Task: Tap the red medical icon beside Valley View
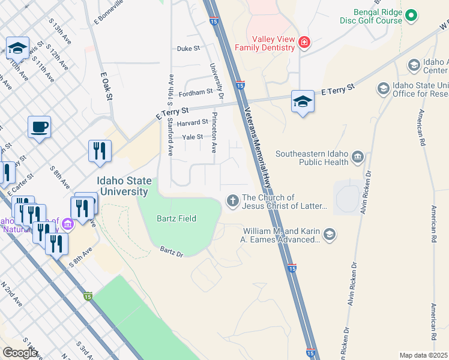(x=305, y=42)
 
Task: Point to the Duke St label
(x=188, y=48)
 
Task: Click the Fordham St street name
(x=196, y=92)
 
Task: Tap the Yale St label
(x=193, y=137)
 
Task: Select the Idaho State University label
(x=123, y=187)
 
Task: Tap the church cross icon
(x=233, y=201)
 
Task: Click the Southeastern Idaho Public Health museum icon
(x=358, y=157)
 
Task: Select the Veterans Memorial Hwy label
(x=258, y=144)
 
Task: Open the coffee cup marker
(x=39, y=127)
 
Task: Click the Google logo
(x=19, y=353)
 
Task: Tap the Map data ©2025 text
(x=423, y=355)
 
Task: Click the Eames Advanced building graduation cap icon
(x=329, y=235)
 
